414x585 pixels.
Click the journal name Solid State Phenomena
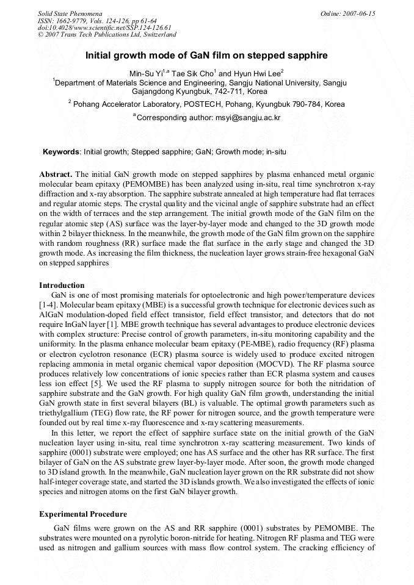70,13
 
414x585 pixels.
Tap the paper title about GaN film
206,56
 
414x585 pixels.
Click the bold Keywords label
61,151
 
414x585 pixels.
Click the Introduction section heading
62,285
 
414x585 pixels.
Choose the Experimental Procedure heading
83,514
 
